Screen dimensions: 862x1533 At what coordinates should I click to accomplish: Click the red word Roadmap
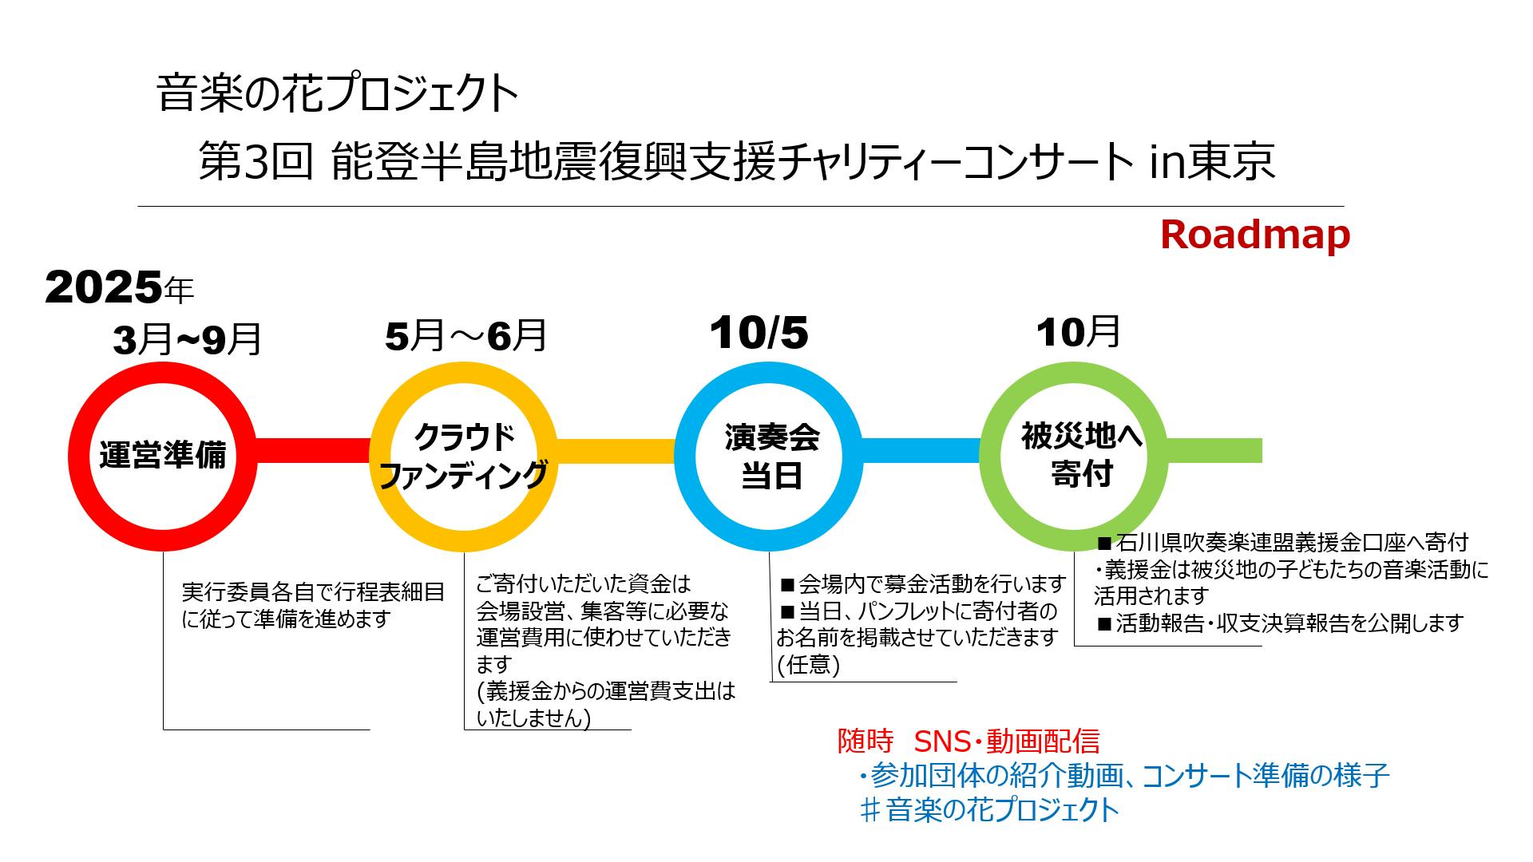tap(1254, 235)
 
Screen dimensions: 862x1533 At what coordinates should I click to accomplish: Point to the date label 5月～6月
tap(465, 336)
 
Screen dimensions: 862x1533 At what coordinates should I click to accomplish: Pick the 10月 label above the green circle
tap(1078, 331)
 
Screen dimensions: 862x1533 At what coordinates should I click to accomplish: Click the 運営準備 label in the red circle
tap(163, 455)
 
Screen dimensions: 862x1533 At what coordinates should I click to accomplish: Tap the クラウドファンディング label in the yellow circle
tap(463, 456)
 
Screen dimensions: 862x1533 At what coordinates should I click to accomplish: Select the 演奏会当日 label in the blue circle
tap(771, 456)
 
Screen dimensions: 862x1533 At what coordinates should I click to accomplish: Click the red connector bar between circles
tap(313, 450)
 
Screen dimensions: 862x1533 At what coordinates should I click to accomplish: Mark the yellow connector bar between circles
tap(616, 450)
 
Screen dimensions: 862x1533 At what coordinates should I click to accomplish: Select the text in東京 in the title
tap(1212, 162)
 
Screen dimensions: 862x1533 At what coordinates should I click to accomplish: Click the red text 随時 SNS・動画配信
tap(969, 741)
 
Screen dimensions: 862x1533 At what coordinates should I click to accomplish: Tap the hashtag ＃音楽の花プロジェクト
tap(990, 810)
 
